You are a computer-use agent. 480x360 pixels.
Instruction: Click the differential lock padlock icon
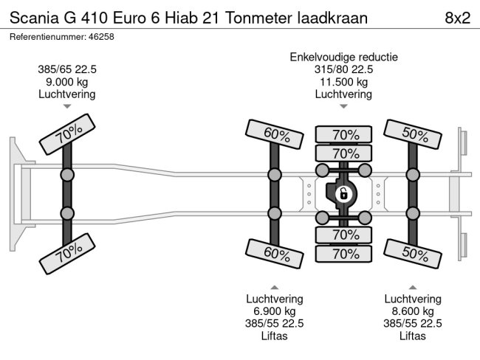click(343, 195)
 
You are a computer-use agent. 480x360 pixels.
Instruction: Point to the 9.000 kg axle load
click(67, 82)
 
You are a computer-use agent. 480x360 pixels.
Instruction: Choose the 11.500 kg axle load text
click(343, 82)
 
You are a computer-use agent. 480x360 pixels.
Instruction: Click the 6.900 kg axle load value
click(275, 311)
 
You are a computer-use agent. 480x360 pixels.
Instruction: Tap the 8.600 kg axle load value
click(413, 311)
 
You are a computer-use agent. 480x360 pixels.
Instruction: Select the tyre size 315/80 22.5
click(343, 69)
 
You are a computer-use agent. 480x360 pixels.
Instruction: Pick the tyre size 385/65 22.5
click(67, 69)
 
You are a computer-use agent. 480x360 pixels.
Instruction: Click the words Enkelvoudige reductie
click(344, 57)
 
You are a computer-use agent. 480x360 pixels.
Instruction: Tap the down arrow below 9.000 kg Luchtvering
click(67, 107)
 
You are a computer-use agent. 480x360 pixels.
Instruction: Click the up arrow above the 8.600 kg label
click(413, 287)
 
